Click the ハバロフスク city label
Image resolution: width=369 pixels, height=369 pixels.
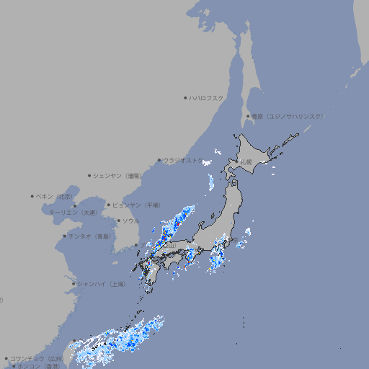pos(207,97)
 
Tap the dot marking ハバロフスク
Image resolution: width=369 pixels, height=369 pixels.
pos(185,97)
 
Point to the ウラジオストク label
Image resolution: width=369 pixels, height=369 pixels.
pos(183,160)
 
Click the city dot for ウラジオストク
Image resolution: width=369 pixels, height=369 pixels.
pos(159,160)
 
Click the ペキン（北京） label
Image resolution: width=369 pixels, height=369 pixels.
pos(55,196)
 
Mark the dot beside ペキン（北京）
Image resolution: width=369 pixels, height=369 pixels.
pos(32,196)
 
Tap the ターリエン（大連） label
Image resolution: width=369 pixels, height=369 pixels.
pos(73,213)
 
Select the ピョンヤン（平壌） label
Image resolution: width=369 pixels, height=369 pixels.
pos(136,205)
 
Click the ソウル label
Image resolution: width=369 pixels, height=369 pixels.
pos(130,221)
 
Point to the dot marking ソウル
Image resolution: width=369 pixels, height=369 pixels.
pos(118,221)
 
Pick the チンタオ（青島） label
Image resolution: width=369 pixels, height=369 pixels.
pos(90,236)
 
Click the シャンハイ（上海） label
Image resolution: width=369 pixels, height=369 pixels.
pos(101,284)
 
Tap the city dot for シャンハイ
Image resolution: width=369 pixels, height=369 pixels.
pos(74,284)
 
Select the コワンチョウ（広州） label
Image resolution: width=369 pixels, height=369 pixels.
pos(36,358)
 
